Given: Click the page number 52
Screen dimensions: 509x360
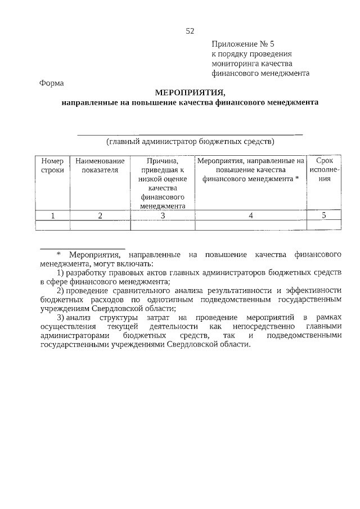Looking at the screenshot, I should (190, 30).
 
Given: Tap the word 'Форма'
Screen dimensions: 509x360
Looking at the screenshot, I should (52, 83).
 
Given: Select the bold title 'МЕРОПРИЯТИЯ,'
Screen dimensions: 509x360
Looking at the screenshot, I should (190, 93).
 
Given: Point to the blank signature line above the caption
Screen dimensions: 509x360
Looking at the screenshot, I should (190, 134).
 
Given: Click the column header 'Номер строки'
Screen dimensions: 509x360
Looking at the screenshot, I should (52, 165).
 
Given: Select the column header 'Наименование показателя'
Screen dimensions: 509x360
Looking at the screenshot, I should (100, 165).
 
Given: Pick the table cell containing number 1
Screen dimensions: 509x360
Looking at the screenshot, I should (52, 215).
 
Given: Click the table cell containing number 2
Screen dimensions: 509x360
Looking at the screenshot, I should (100, 215).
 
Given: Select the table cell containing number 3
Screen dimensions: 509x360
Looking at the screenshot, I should (163, 215).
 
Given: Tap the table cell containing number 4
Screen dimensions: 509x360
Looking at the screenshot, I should (251, 215).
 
